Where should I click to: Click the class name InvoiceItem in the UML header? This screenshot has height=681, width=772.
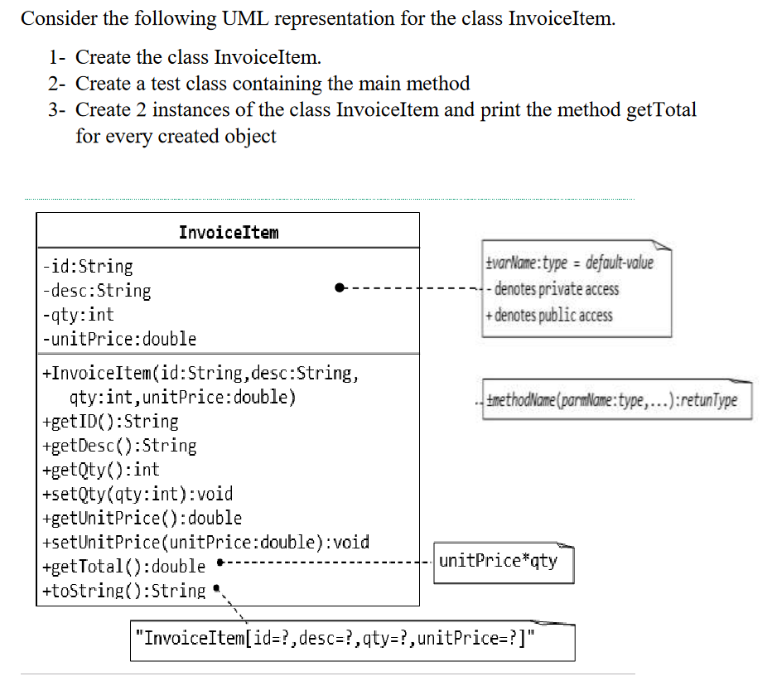pyautogui.click(x=229, y=232)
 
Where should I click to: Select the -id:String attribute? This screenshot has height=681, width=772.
pyautogui.click(x=88, y=267)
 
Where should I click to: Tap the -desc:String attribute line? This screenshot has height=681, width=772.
pyautogui.click(x=97, y=291)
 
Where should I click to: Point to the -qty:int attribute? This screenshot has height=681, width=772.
pyautogui.click(x=79, y=315)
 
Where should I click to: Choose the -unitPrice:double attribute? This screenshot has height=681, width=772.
pyautogui.click(x=119, y=339)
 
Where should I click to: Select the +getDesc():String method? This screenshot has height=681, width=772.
pyautogui.click(x=119, y=446)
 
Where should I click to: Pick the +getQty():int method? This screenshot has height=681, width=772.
pyautogui.click(x=100, y=470)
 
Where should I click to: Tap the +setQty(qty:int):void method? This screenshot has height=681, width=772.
pyautogui.click(x=137, y=494)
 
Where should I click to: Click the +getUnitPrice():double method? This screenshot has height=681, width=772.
pyautogui.click(x=142, y=519)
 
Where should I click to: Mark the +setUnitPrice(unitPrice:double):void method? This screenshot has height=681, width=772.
pyautogui.click(x=205, y=543)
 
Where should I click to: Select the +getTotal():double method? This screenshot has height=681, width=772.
pyautogui.click(x=123, y=567)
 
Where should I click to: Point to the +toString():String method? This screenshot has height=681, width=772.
pyautogui.click(x=123, y=591)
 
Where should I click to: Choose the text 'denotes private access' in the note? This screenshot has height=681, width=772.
pyautogui.click(x=556, y=289)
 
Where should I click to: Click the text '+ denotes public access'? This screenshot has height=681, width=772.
pyautogui.click(x=550, y=315)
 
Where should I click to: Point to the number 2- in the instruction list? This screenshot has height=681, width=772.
pyautogui.click(x=57, y=84)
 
